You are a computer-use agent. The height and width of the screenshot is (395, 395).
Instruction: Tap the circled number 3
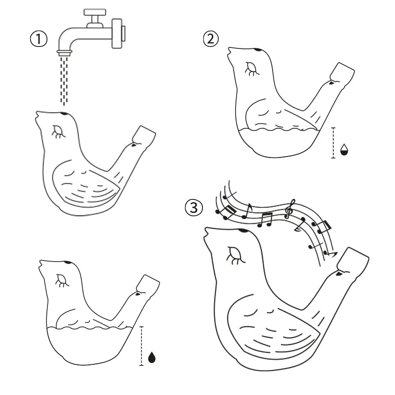(x=194, y=208)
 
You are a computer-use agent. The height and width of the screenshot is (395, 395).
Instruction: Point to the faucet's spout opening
(x=63, y=51)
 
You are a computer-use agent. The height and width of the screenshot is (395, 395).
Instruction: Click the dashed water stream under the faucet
(x=63, y=79)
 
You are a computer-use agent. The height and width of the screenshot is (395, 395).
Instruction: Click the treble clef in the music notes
(x=292, y=209)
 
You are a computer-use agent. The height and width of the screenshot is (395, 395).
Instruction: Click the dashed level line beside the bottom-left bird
(x=142, y=346)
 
